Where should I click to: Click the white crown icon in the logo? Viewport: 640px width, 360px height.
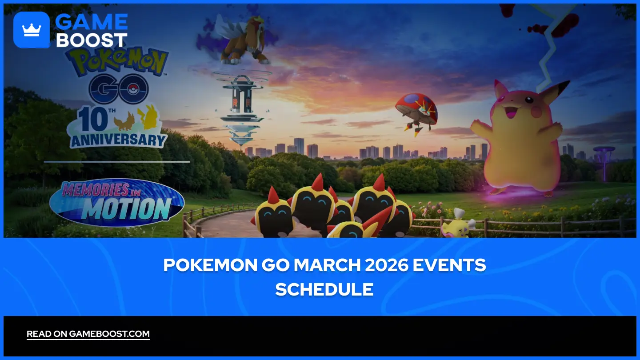[x=32, y=30]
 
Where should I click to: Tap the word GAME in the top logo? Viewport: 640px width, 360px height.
[x=92, y=22]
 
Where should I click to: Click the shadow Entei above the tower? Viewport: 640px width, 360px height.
[x=243, y=40]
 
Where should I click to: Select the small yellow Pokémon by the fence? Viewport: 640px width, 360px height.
[x=457, y=224]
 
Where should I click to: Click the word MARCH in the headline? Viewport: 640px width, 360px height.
[x=327, y=265]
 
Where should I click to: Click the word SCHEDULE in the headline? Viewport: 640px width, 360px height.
[x=324, y=289]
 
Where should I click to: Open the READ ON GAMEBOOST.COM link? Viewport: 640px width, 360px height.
[x=88, y=334]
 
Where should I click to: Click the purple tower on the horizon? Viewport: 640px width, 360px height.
[x=604, y=163]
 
